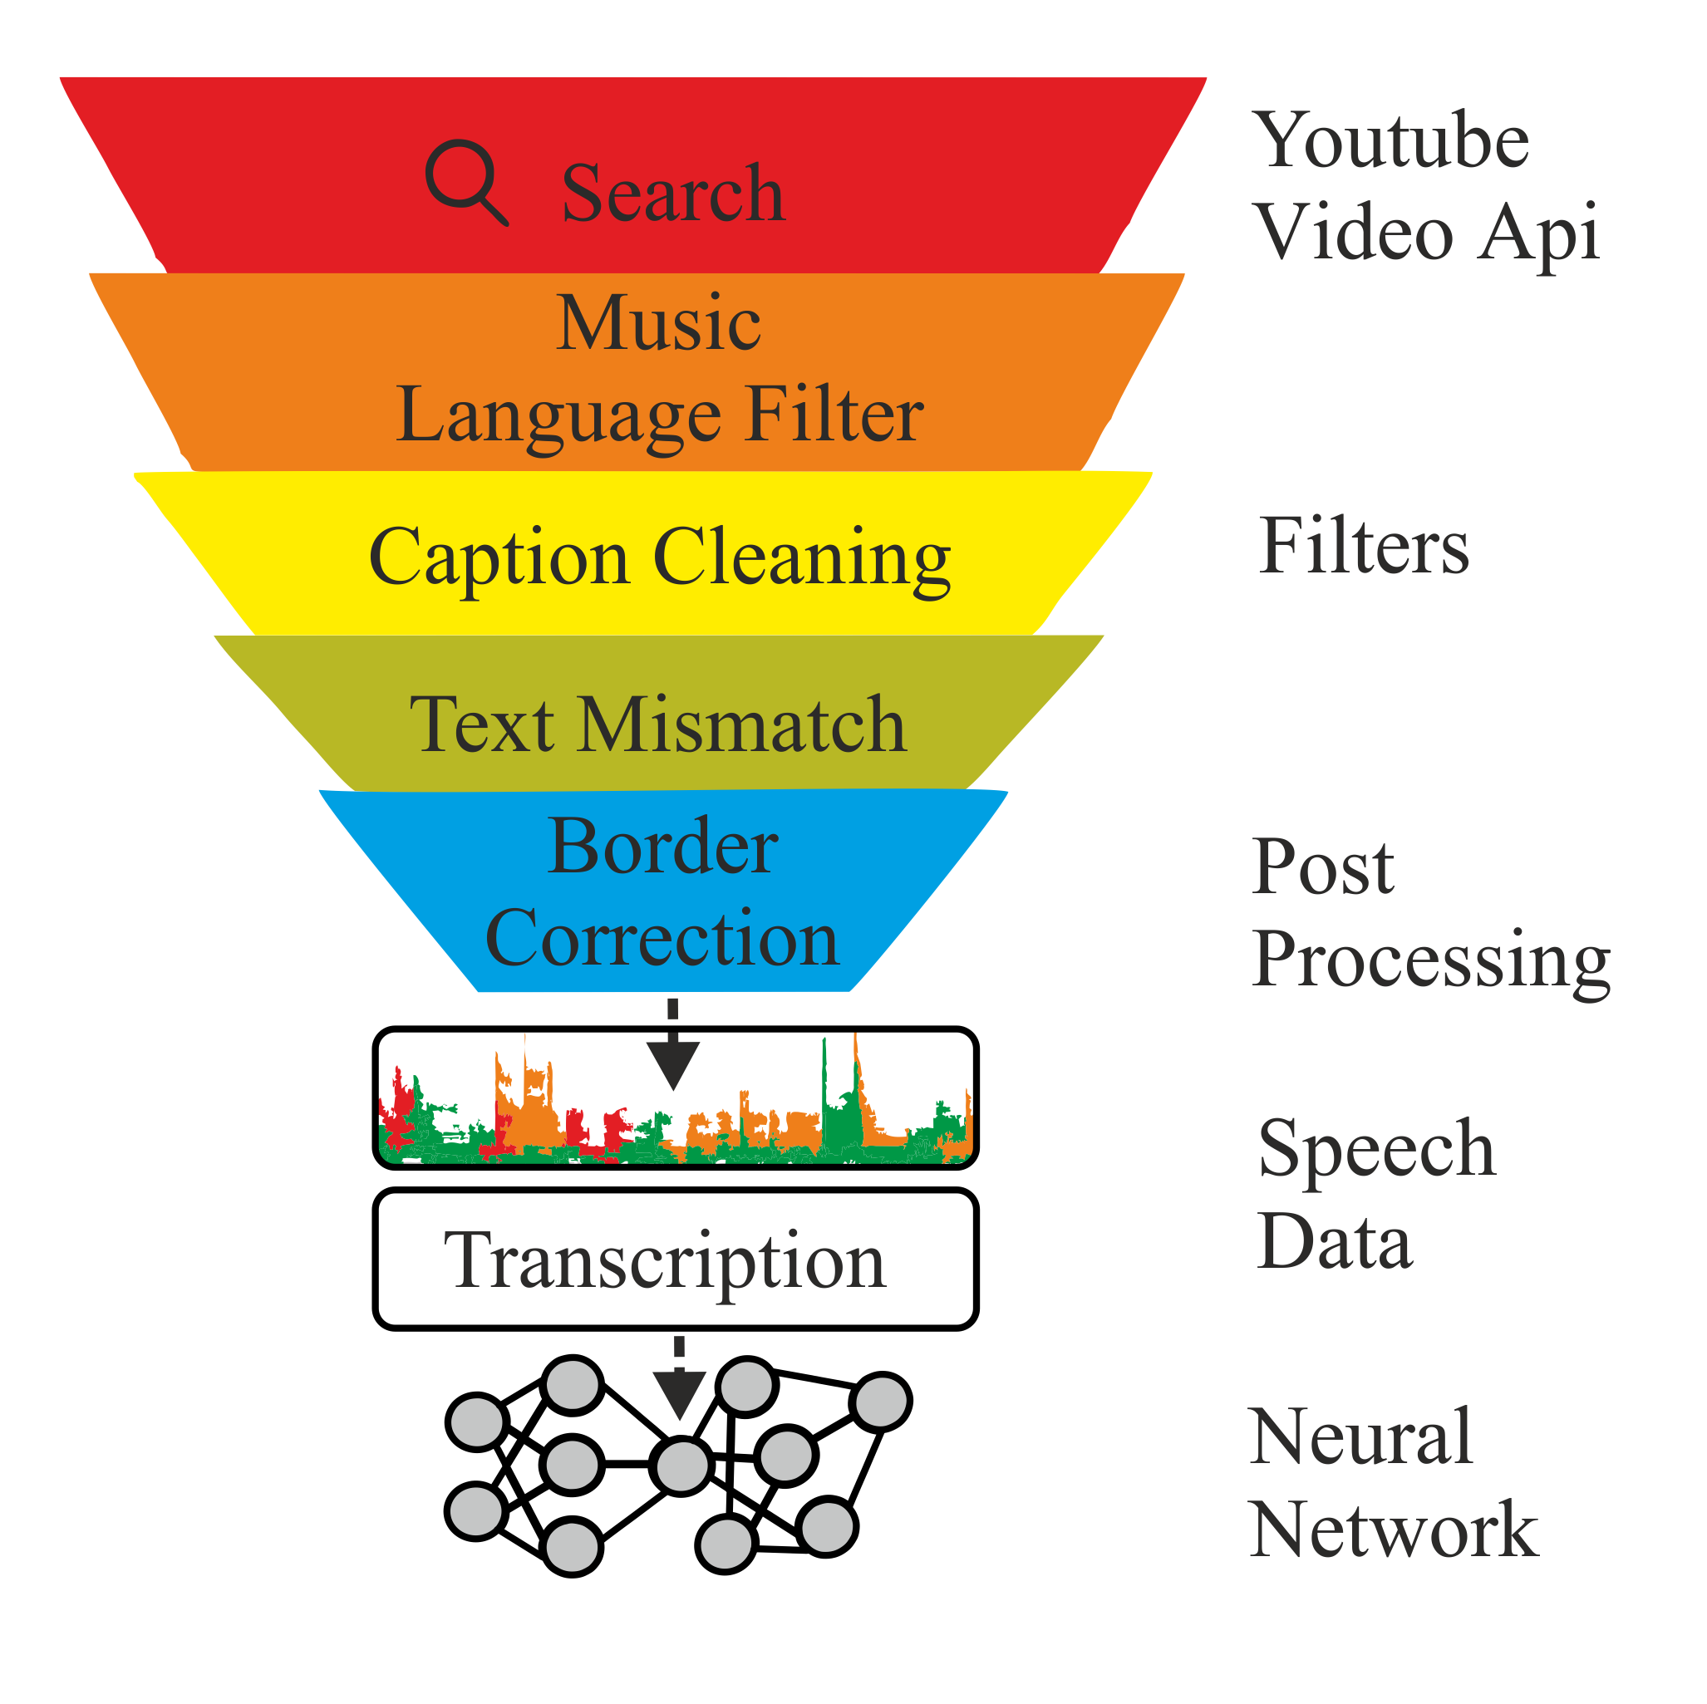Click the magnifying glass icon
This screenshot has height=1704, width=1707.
[465, 180]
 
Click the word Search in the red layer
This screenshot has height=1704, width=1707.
[672, 194]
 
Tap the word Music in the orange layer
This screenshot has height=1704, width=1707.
[658, 323]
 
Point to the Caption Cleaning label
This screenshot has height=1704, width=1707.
[660, 557]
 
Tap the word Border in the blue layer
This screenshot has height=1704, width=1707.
[662, 847]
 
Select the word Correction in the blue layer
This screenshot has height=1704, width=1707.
[662, 938]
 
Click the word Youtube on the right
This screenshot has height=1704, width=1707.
[1394, 141]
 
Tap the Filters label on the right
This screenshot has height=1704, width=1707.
[1362, 547]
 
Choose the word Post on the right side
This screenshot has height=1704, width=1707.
[1323, 867]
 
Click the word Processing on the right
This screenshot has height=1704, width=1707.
[1431, 961]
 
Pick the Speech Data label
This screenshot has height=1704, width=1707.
[1375, 1195]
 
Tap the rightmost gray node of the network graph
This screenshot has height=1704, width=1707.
[881, 1402]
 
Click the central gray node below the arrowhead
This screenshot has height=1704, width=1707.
[681, 1466]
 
